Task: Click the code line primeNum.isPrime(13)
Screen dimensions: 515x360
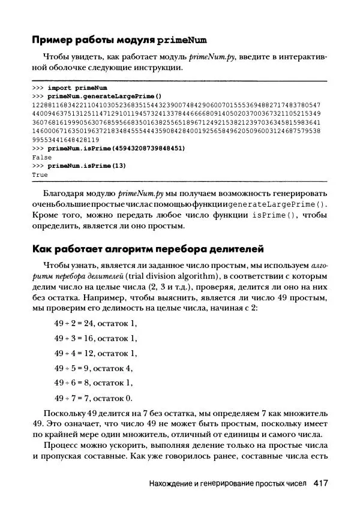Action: tap(86, 164)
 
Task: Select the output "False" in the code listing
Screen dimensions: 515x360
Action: tap(42, 156)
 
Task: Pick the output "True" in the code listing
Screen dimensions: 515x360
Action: tap(40, 173)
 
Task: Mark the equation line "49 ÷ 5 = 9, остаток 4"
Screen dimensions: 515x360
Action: tap(94, 368)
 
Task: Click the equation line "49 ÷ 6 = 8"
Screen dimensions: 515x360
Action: tap(94, 383)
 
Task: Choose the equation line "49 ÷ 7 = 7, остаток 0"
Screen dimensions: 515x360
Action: tap(94, 397)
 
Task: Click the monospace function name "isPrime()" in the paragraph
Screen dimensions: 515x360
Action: tap(273, 215)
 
